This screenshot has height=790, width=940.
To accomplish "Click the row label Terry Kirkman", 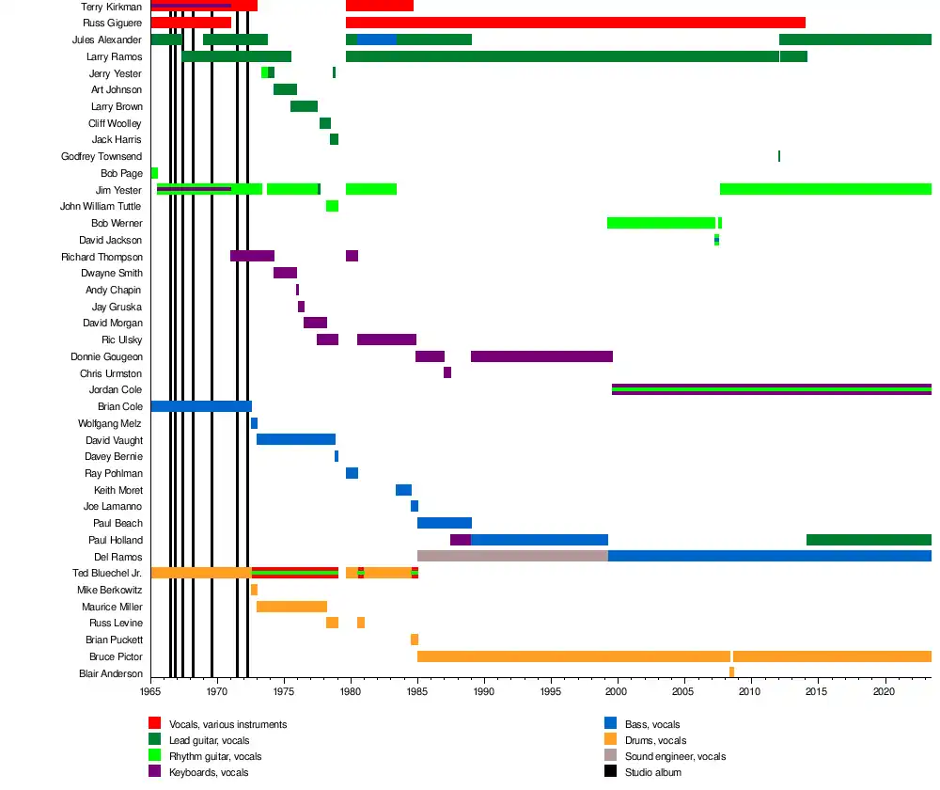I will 111,7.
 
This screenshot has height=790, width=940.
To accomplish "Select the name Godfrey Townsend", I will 102,156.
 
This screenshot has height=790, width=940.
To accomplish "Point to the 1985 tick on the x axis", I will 417,690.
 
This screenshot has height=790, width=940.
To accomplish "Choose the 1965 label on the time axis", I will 150,690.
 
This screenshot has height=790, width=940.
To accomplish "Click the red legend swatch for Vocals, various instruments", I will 155,723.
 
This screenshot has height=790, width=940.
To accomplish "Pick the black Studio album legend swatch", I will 610,772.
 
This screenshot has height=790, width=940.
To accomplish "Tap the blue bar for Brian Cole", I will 201,406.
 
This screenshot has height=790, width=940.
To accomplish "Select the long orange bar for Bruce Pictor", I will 573,656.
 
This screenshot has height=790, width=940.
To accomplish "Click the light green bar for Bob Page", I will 154,173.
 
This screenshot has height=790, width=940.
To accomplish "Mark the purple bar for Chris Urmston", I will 447,372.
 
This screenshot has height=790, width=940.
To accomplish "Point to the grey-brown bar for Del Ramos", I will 512,556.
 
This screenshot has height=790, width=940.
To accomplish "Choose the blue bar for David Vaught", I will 296,439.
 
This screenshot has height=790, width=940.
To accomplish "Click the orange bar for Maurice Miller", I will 291,607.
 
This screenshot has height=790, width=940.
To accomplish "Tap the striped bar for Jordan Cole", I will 771,389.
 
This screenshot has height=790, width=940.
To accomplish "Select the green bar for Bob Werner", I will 662,223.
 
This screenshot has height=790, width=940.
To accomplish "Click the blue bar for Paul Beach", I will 445,523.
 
